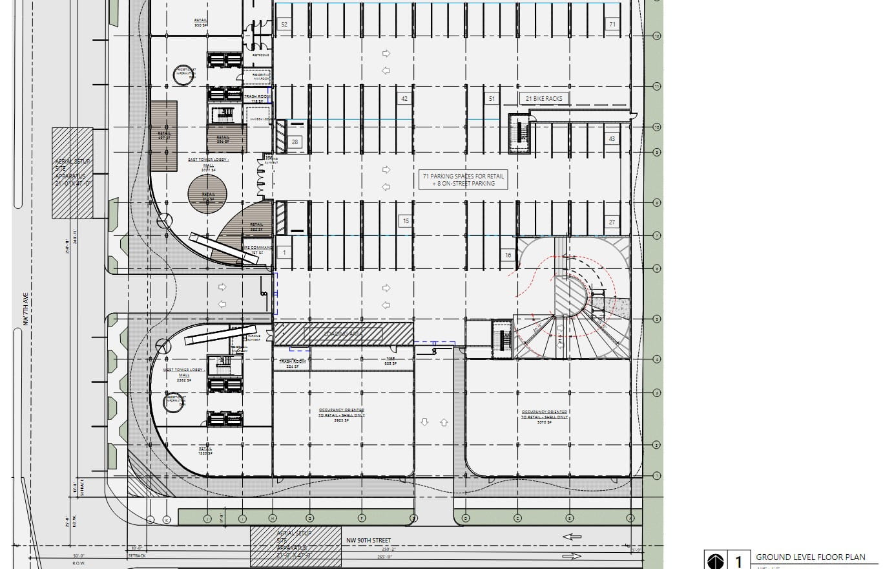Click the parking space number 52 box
click(x=284, y=25)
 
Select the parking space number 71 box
click(x=612, y=25)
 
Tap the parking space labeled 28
click(x=295, y=142)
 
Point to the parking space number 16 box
click(x=508, y=255)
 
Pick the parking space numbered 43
click(x=612, y=139)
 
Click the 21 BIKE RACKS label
click(x=545, y=99)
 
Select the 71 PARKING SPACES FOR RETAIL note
click(x=463, y=180)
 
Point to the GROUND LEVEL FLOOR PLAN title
click(x=810, y=557)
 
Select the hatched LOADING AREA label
click(x=343, y=334)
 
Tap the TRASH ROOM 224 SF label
click(x=292, y=364)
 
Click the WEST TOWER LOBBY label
click(x=184, y=373)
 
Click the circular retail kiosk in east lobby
click(x=207, y=194)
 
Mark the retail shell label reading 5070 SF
click(x=545, y=414)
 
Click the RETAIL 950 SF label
click(x=201, y=23)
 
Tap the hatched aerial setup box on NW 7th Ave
click(x=72, y=173)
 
